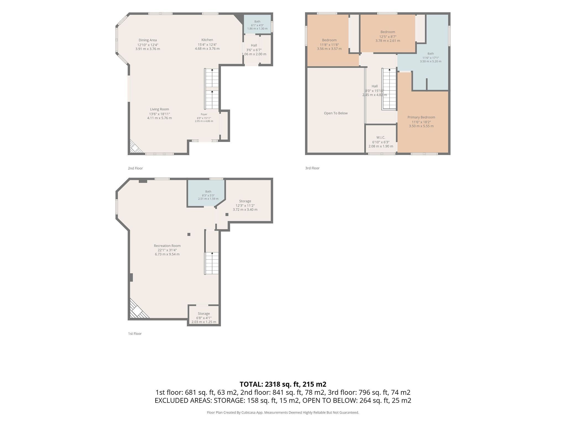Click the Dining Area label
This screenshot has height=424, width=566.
point(148,40)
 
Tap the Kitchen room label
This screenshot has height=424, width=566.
point(207,40)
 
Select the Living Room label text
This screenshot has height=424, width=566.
point(159,109)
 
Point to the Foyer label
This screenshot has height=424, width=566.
point(204,114)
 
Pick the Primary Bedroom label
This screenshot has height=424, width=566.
point(421,117)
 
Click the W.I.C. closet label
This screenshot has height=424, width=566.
point(381,137)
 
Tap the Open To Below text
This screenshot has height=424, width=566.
point(336,113)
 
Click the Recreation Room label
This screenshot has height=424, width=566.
point(167,246)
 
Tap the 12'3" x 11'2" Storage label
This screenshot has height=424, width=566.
point(245,201)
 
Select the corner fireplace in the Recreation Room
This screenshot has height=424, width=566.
point(138,310)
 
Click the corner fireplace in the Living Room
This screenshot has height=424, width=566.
point(135,147)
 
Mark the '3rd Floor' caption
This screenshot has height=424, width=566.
point(312,168)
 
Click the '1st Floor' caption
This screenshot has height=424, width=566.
point(135,334)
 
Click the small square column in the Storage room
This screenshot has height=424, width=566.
point(227,214)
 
